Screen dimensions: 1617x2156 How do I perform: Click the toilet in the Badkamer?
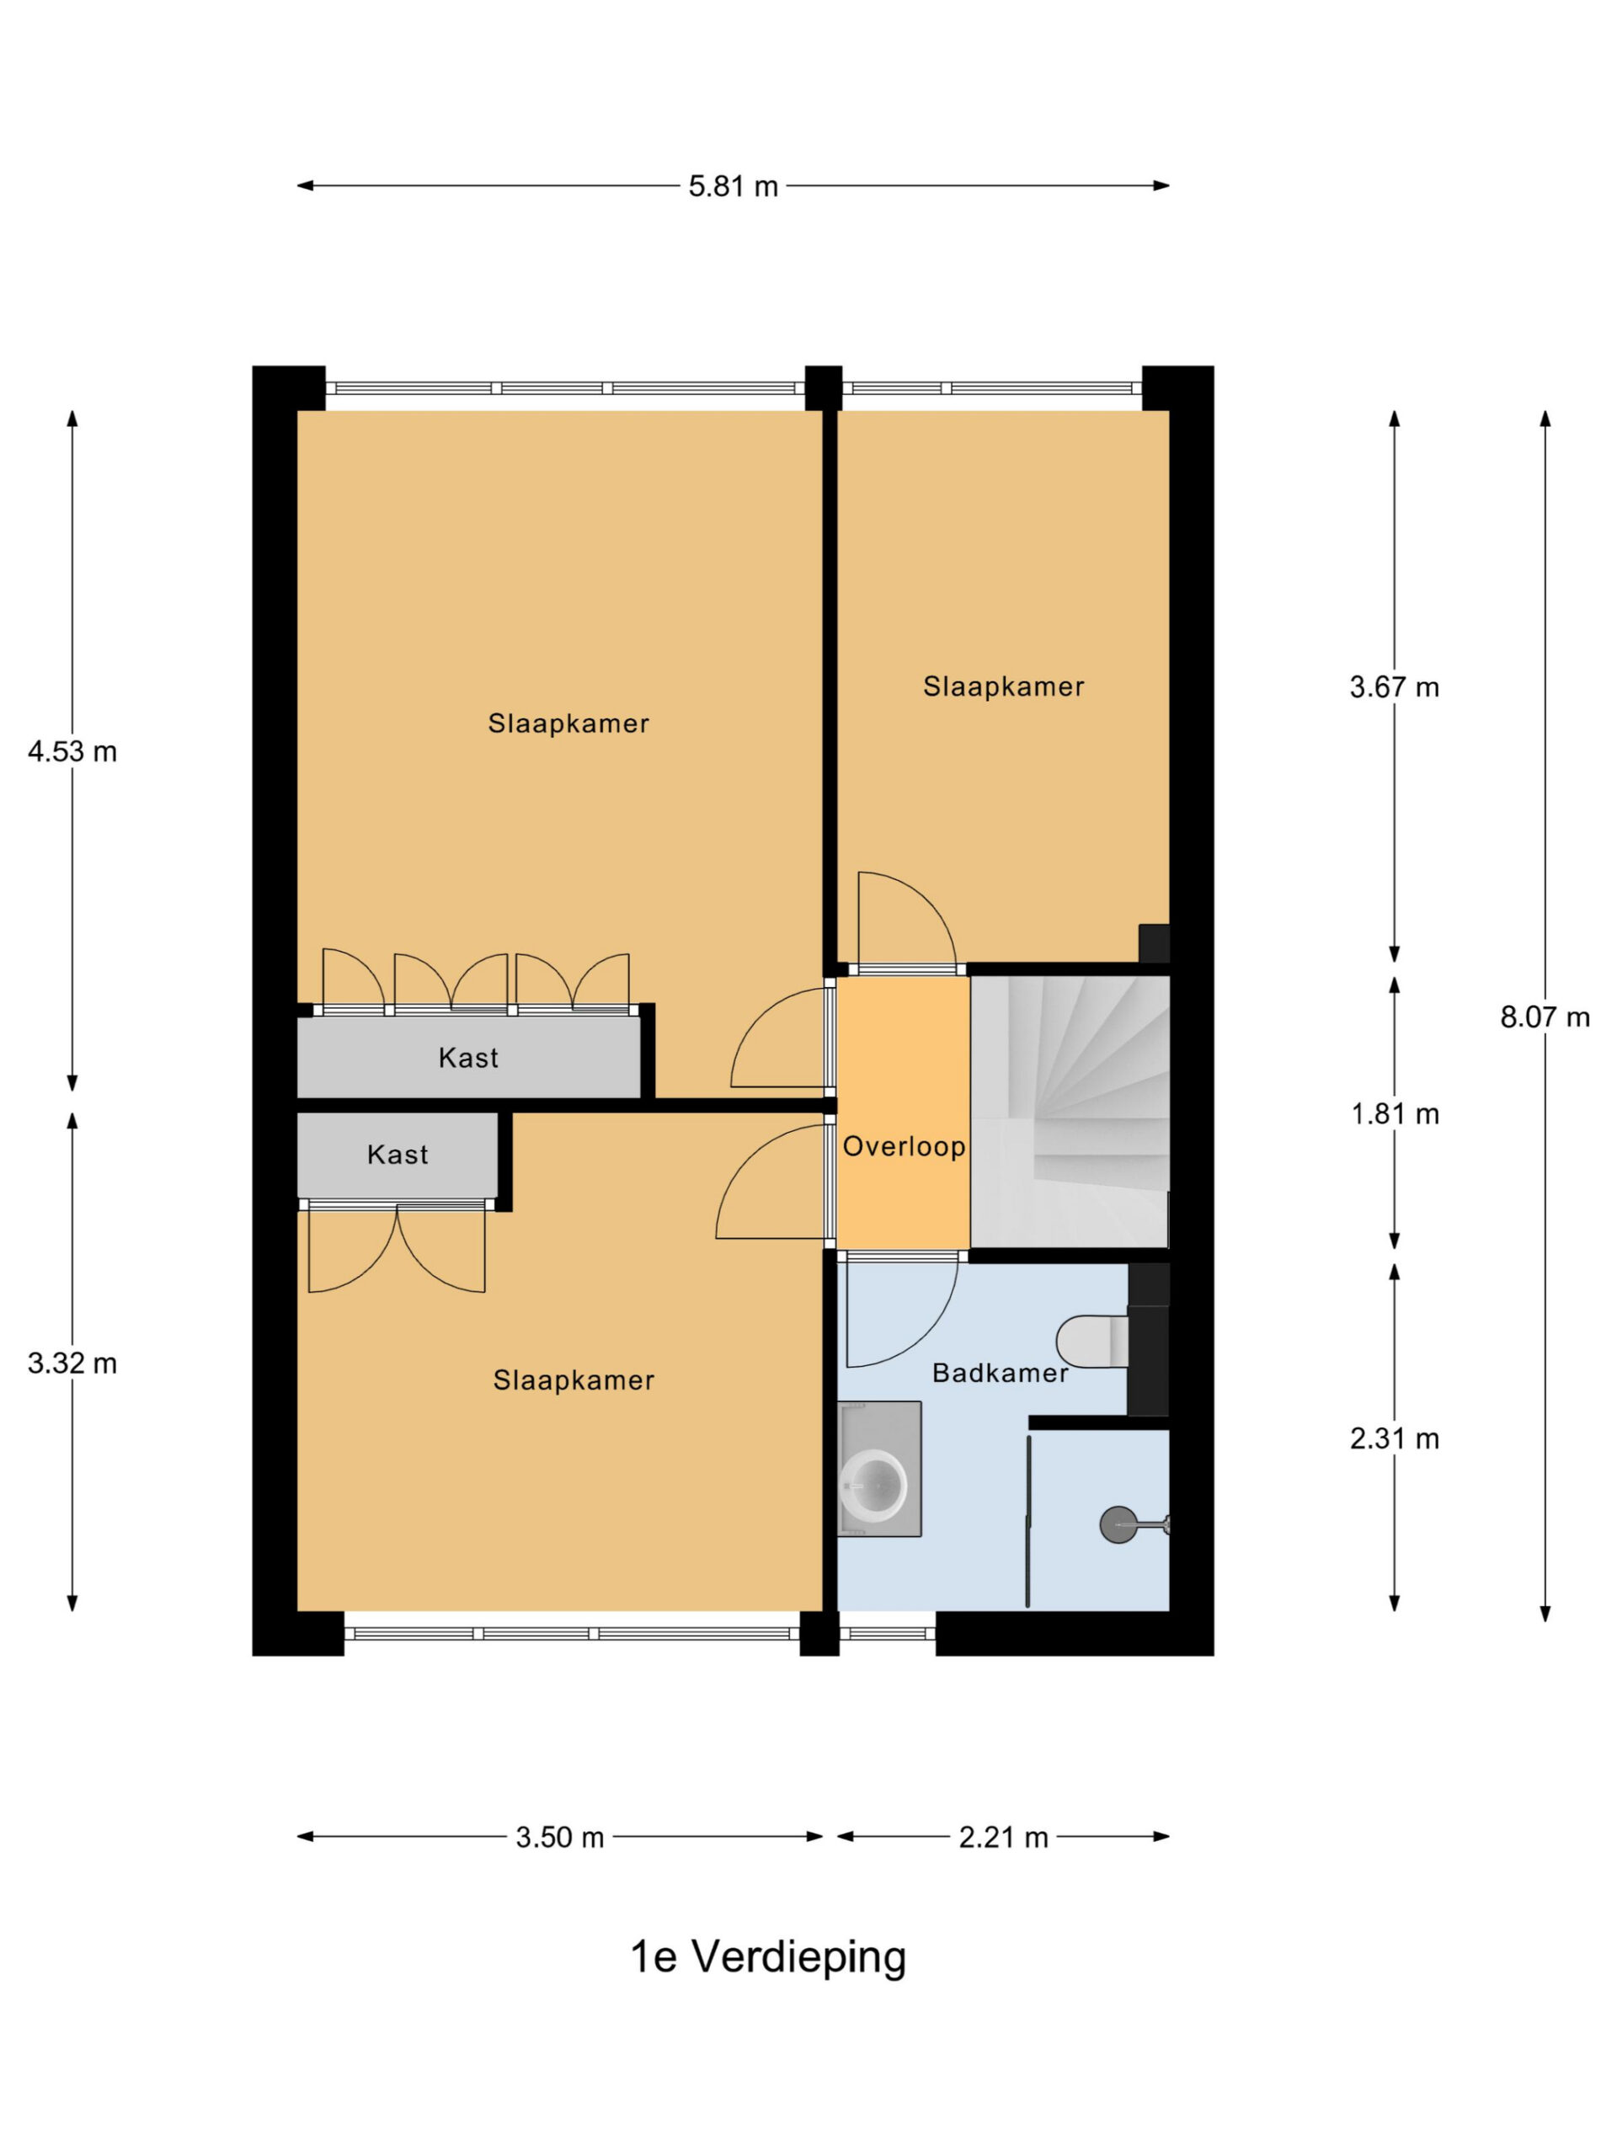1091,1341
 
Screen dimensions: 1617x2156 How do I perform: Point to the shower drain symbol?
1118,1524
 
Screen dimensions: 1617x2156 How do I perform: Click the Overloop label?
904,1146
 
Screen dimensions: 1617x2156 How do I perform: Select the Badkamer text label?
1000,1373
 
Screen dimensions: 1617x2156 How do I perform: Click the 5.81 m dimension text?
733,185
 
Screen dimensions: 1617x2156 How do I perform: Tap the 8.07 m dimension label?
1544,1017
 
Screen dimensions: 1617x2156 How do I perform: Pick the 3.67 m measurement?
1394,687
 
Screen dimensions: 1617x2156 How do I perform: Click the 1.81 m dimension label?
1395,1113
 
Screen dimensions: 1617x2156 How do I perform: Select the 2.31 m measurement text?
1394,1438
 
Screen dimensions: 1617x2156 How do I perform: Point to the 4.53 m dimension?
72,751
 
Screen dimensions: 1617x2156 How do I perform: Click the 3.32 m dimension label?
72,1363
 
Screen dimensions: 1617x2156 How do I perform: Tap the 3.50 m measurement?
559,1838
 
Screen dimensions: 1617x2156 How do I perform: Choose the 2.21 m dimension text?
1003,1838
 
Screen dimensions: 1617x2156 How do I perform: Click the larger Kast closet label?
468,1058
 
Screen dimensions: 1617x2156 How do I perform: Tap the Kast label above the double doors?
398,1154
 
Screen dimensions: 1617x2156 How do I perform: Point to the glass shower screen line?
1027,1519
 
